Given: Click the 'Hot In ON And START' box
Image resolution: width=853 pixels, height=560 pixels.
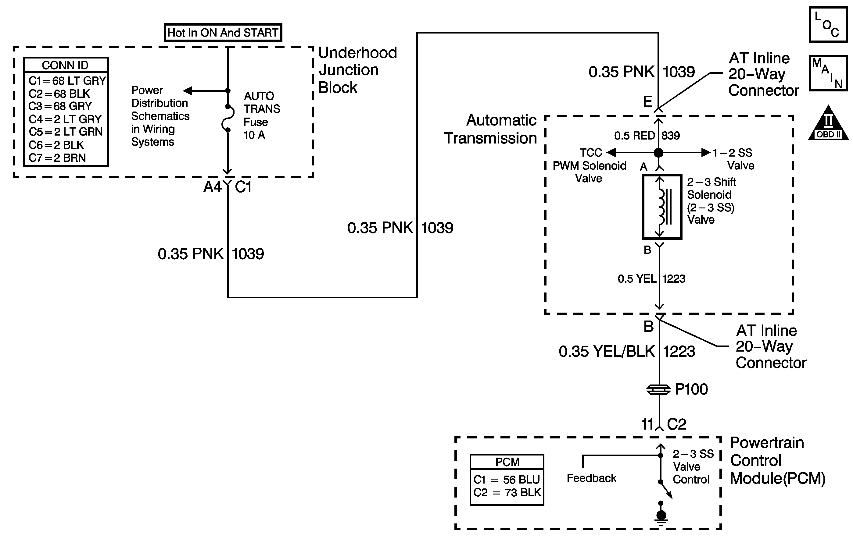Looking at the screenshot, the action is click(x=223, y=33).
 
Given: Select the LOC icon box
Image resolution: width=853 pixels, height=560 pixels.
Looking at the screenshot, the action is click(x=828, y=25).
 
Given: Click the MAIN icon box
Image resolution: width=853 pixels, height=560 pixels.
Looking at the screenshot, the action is click(x=828, y=73).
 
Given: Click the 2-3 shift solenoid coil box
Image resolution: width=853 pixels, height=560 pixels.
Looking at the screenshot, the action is click(x=662, y=207).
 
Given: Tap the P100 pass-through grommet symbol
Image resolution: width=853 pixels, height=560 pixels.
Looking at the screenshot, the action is click(x=658, y=389).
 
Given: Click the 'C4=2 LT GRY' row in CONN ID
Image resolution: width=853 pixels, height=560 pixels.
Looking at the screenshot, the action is click(x=65, y=119).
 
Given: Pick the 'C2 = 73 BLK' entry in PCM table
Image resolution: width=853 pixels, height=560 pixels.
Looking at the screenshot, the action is click(x=507, y=493).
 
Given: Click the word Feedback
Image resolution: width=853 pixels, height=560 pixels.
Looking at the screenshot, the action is click(x=591, y=478).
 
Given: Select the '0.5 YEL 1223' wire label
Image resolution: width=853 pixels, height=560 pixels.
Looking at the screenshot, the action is click(x=651, y=278).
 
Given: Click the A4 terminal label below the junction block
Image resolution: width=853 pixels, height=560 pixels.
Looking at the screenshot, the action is click(x=213, y=187).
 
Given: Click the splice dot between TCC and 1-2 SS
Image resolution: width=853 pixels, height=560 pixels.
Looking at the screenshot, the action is click(x=658, y=153).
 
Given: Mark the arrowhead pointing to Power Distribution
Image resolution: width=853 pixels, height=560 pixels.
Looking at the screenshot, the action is click(x=188, y=90).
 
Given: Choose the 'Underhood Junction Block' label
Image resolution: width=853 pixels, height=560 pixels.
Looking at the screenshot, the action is click(x=358, y=70).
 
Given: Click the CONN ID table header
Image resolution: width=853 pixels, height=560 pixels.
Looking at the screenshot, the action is click(x=65, y=65).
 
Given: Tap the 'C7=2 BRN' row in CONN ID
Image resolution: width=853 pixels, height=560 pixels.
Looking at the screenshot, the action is click(x=57, y=158).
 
